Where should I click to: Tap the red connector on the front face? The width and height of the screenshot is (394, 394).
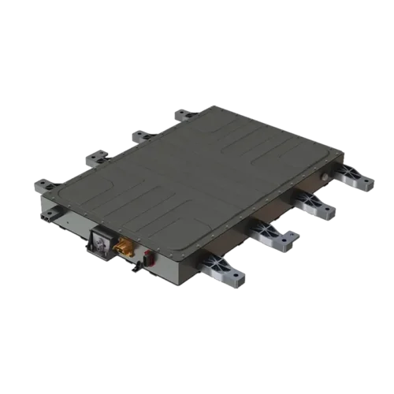click(x=149, y=258)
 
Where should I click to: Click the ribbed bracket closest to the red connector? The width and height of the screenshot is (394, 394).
click(x=225, y=271)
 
